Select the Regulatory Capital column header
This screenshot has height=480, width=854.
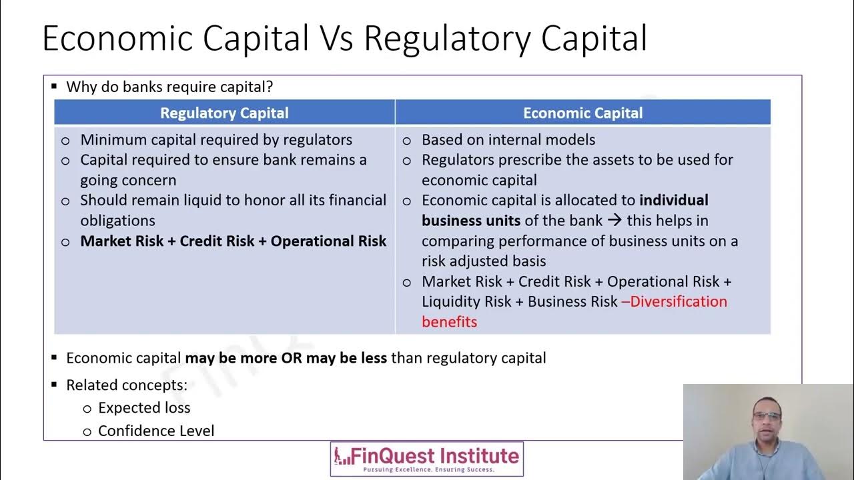click(x=224, y=113)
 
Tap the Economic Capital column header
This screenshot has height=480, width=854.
click(x=582, y=113)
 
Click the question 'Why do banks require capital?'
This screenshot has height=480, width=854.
click(x=169, y=87)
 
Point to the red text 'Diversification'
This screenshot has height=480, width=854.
click(x=678, y=301)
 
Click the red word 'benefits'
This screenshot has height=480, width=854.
click(x=449, y=322)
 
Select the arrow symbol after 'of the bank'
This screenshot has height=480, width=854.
click(x=614, y=221)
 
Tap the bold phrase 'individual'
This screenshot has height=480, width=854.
click(x=673, y=200)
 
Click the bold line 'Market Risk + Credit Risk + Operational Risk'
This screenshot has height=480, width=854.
click(x=233, y=241)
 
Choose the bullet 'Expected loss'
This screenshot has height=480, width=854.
click(x=144, y=407)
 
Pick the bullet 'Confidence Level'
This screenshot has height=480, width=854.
click(x=156, y=431)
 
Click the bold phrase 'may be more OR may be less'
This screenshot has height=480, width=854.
click(x=286, y=358)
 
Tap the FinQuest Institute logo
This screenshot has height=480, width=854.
click(x=427, y=459)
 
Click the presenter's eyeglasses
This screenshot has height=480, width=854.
click(x=767, y=417)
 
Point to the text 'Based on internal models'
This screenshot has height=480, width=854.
click(x=508, y=139)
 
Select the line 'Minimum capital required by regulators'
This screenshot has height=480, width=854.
click(x=216, y=139)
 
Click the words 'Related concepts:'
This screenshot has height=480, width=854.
click(x=127, y=385)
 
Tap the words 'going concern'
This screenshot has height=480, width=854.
click(x=128, y=180)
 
